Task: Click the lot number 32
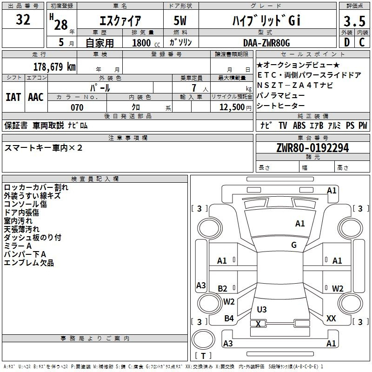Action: click(23, 20)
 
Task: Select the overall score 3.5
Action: click(354, 21)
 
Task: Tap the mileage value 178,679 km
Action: click(54, 66)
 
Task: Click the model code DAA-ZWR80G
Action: click(266, 43)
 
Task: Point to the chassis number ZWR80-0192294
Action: click(312, 148)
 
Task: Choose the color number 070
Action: click(77, 107)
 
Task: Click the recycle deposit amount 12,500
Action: click(232, 107)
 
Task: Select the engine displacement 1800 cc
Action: click(146, 43)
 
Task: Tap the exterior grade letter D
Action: click(347, 42)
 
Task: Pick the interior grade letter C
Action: click(362, 42)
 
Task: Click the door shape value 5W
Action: click(180, 20)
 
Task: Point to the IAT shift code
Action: click(13, 97)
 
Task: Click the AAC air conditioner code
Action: click(36, 97)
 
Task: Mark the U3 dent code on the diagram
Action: click(262, 309)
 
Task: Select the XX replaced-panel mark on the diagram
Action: click(331, 318)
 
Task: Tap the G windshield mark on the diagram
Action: click(294, 245)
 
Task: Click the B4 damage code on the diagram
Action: click(229, 318)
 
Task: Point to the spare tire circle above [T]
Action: click(203, 339)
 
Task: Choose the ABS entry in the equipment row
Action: click(299, 126)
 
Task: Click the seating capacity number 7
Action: click(194, 88)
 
